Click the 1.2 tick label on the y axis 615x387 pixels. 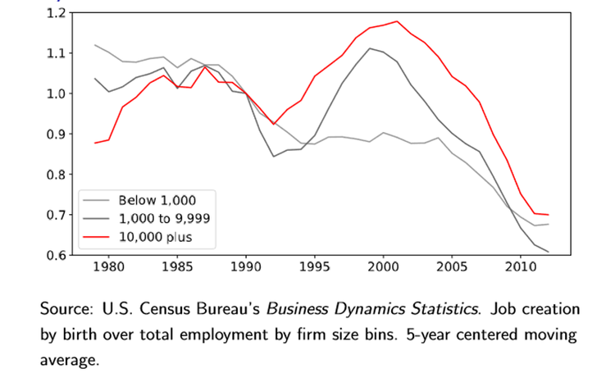(x=56, y=13)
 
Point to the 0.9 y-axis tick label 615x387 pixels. (x=56, y=134)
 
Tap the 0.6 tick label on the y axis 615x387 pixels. (x=56, y=255)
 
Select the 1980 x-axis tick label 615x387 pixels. (x=108, y=267)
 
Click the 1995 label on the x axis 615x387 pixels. (x=315, y=267)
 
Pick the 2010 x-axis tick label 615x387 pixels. (x=521, y=267)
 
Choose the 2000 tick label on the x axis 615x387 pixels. (x=383, y=267)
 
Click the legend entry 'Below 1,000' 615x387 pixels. (x=157, y=200)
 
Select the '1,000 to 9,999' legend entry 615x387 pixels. (x=164, y=218)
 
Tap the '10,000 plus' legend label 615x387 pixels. (x=155, y=237)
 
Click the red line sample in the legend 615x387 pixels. (x=96, y=237)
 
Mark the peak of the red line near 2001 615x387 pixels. (x=397, y=21)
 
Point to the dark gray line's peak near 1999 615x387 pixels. (x=370, y=48)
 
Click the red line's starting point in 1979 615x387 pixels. (x=95, y=143)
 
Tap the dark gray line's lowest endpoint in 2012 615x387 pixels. (x=549, y=252)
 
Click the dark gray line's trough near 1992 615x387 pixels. (x=273, y=157)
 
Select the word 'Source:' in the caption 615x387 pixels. (x=66, y=309)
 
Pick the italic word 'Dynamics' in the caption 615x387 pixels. (x=369, y=310)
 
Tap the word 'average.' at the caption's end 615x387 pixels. (x=70, y=360)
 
